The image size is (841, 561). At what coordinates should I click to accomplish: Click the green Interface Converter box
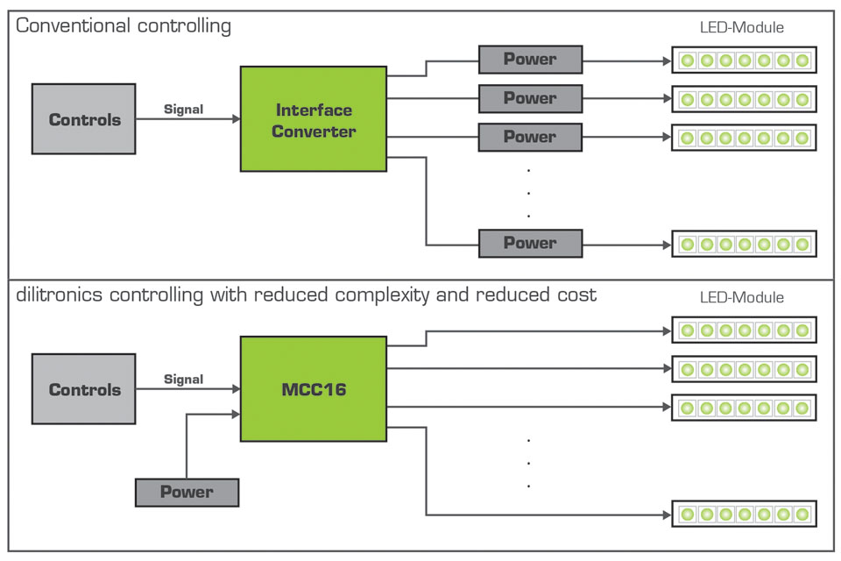coord(314,120)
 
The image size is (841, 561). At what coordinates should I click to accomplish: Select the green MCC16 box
coord(314,389)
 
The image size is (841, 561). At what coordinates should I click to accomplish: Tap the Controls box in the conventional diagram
coord(84,119)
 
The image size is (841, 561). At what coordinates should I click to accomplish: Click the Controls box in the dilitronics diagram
coord(84,389)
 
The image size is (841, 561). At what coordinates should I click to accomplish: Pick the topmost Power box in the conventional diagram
coord(530,60)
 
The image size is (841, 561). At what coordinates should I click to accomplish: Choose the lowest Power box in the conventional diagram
coord(530,243)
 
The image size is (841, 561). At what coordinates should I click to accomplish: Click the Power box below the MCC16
coord(187,492)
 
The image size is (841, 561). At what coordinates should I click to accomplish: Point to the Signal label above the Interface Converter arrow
coord(183,110)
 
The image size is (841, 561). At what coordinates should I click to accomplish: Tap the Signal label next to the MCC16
coord(183,380)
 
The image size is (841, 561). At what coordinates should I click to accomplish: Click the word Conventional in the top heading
coord(73,25)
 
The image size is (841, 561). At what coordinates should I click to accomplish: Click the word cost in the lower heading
coord(575,295)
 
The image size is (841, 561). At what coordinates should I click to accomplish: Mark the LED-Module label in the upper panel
coord(742,27)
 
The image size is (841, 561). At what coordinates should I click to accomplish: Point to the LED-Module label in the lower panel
coord(742,297)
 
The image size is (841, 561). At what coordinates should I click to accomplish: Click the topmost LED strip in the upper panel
coord(744,60)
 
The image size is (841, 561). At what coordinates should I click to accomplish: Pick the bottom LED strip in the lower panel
coord(744,513)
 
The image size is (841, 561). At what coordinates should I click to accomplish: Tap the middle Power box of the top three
coord(530,98)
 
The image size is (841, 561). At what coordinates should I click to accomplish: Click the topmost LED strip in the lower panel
coord(744,330)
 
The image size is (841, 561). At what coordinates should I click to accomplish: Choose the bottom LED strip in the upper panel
coord(744,243)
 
